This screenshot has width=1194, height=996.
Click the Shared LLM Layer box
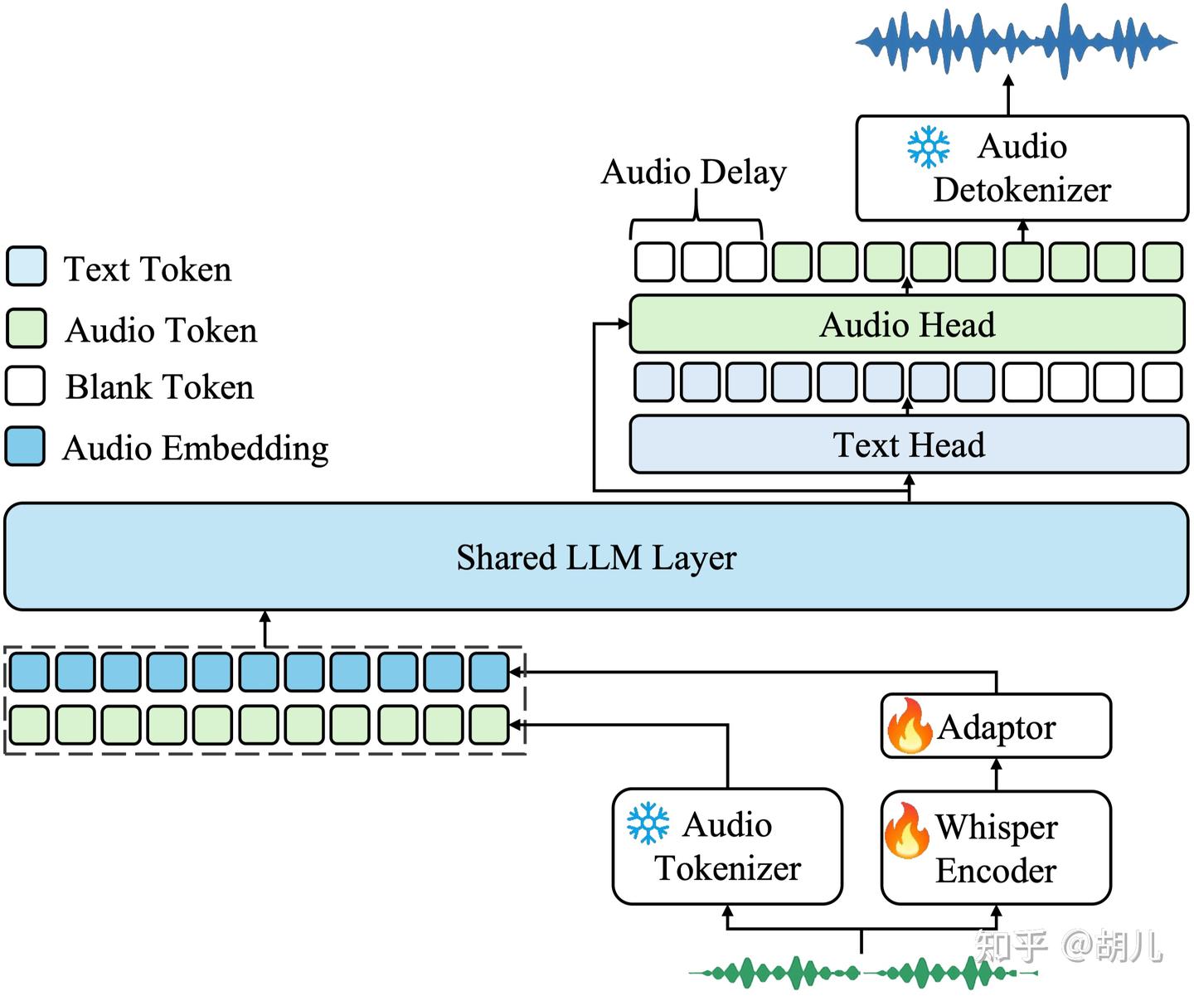point(596,556)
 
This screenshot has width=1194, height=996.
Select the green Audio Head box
point(906,323)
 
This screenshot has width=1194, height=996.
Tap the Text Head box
point(908,445)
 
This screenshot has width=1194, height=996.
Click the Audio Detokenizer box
point(1022,168)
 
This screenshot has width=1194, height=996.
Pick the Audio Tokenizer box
point(727,846)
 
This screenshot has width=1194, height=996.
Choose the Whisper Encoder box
point(996,848)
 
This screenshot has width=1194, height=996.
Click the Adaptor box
point(996,726)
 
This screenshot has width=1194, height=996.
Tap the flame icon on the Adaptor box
point(909,726)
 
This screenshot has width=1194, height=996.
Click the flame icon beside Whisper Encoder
point(906,830)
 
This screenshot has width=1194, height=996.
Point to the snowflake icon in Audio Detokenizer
point(928,147)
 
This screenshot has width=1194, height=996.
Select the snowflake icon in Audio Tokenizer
point(648,824)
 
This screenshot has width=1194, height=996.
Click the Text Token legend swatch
point(26,266)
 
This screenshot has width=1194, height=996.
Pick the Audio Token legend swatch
point(26,328)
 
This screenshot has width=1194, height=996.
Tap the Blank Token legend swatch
point(25,386)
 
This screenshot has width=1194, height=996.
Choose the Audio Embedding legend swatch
point(25,445)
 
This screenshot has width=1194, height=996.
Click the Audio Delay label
point(694,172)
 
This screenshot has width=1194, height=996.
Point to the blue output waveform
point(1016,41)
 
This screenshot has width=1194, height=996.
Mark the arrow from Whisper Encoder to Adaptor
point(996,775)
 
